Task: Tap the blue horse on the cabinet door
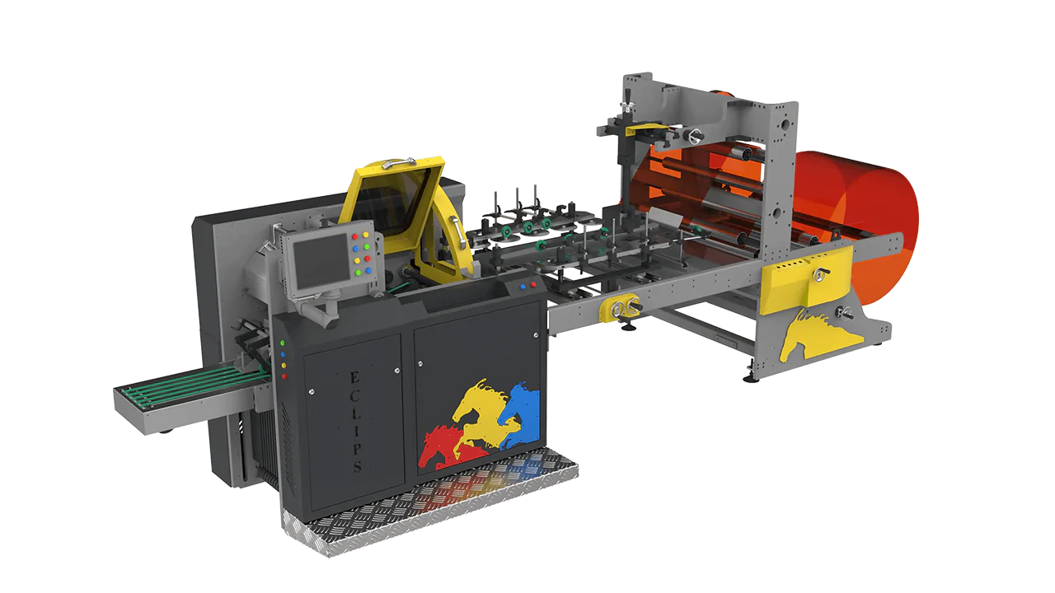coord(519,413)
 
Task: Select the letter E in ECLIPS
coord(354,377)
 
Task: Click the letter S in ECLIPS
coord(357,466)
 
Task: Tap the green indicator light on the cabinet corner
coord(283,343)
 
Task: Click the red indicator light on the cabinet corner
coord(284,376)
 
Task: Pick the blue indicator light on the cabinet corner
coord(283,354)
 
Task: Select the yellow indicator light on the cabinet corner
coord(284,365)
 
